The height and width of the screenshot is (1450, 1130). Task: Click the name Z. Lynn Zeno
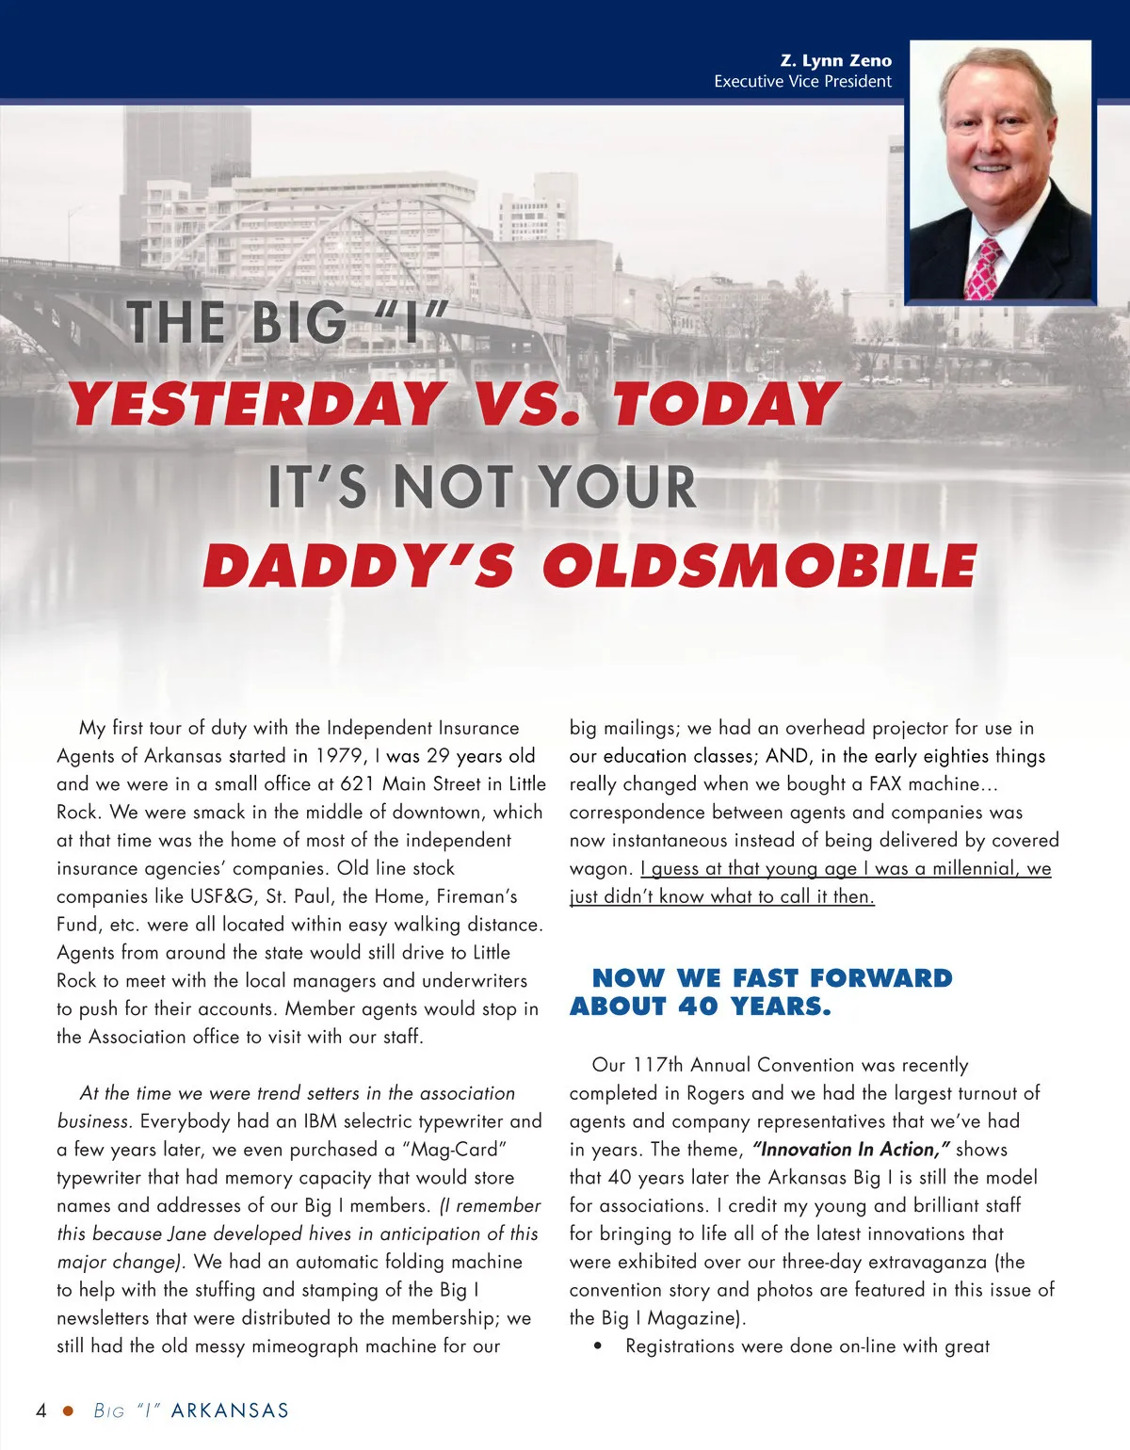point(835,60)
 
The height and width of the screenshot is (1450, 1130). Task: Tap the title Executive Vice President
point(802,82)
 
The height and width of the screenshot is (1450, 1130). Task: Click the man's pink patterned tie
point(983,269)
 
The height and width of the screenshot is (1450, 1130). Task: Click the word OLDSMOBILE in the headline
point(759,566)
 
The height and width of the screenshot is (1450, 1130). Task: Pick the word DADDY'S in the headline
point(359,566)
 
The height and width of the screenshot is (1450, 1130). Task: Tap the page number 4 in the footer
point(41,1410)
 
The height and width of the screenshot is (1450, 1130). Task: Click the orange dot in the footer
point(68,1410)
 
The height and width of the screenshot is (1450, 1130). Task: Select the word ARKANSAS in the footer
point(230,1410)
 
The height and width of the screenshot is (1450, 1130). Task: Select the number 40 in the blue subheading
point(698,1007)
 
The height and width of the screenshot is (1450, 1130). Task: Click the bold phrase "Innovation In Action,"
point(851,1150)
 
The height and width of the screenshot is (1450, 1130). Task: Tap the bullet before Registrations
point(598,1347)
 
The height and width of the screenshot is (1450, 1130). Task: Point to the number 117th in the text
point(657,1065)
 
